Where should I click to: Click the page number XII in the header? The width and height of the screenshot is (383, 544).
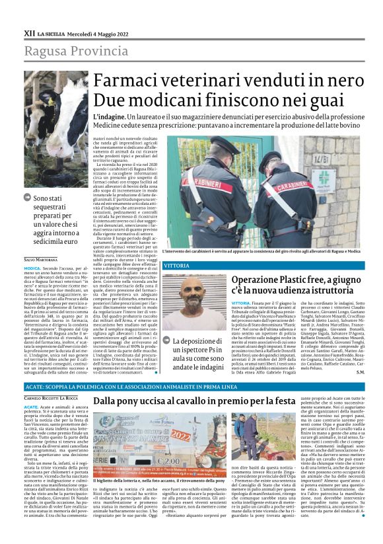[x=29, y=32]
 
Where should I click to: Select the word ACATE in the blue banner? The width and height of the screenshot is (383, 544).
[x=35, y=385]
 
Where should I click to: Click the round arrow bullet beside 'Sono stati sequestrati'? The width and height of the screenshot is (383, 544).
[x=26, y=198]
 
